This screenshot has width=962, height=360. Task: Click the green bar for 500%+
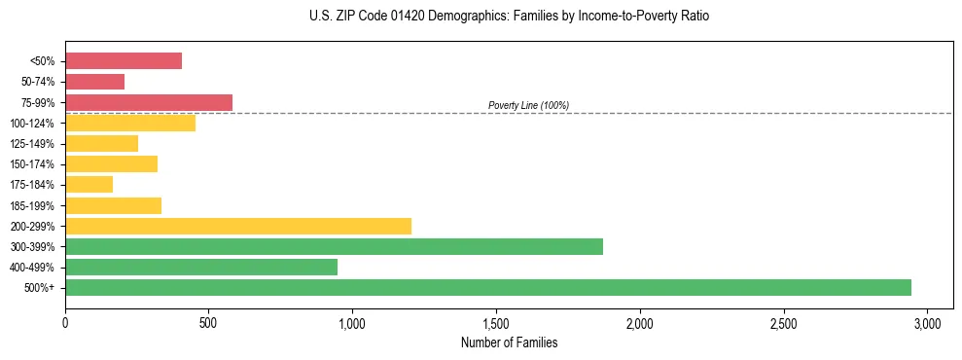pos(488,287)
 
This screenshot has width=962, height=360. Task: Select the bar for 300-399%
pos(334,246)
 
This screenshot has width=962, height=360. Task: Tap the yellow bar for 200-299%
pos(238,226)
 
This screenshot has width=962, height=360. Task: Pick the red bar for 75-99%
pos(149,102)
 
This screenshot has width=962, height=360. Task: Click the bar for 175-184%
pos(89,184)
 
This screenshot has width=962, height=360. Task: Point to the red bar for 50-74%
pos(95,82)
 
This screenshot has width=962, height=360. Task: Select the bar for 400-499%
pos(201,267)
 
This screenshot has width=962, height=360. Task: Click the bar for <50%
pos(124,61)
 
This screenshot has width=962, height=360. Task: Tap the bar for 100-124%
pos(130,123)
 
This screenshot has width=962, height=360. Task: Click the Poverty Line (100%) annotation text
pos(528,105)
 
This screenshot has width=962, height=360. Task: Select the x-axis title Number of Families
pos(510,342)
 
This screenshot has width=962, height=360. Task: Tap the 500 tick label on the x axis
pos(209,323)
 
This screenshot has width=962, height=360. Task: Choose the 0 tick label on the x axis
pos(65,323)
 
